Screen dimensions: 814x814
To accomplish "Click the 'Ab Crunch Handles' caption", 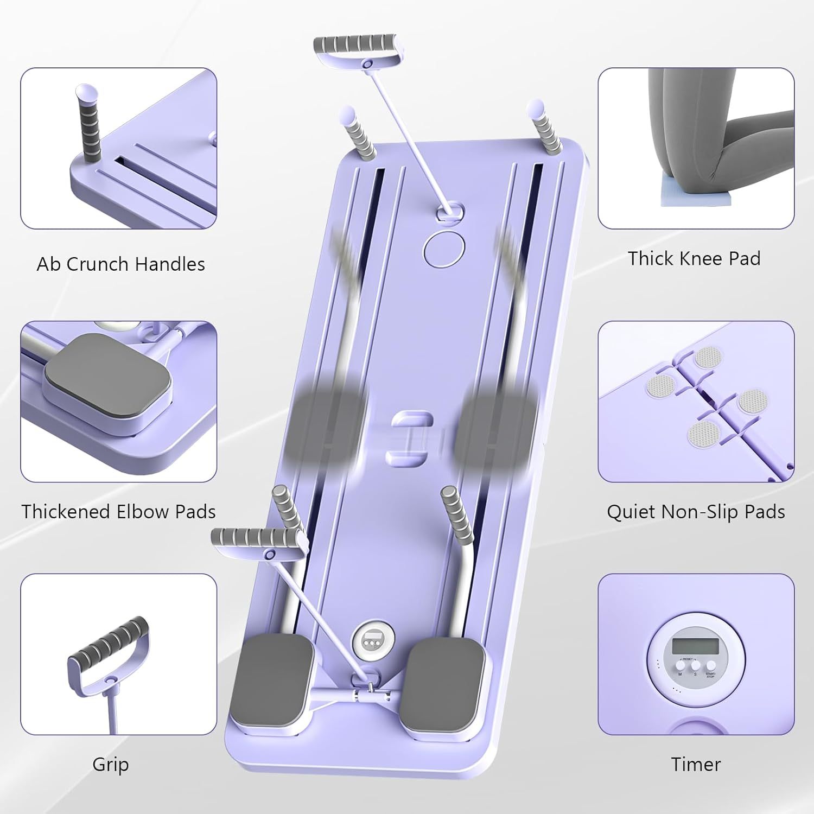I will point(120,264).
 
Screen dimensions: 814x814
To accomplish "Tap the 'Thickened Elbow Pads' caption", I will point(118,512).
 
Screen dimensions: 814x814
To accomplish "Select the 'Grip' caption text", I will point(110,764).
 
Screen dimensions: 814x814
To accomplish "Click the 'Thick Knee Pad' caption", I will point(694,258).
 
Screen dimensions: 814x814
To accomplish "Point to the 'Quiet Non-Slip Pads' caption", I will point(696,512).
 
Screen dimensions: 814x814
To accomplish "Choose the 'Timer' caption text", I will point(696,764).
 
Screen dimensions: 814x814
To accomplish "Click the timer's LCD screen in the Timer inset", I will point(695,646).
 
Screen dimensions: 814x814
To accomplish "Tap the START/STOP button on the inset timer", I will point(710,665).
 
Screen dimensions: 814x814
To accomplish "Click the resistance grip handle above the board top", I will point(356,46).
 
